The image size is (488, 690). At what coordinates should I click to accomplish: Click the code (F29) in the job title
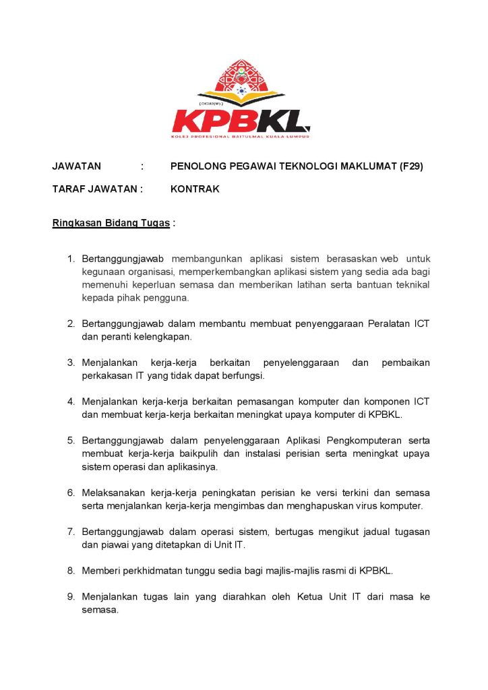point(410,166)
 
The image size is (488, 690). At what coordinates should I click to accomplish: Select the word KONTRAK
point(195,189)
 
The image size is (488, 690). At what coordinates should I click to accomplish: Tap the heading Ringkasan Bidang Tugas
point(111,223)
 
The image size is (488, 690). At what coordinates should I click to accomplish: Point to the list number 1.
point(71,259)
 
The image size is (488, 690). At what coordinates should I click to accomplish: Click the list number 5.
point(71,441)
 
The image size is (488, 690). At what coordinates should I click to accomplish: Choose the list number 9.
point(71,597)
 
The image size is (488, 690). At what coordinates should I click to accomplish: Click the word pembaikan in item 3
point(405,363)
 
